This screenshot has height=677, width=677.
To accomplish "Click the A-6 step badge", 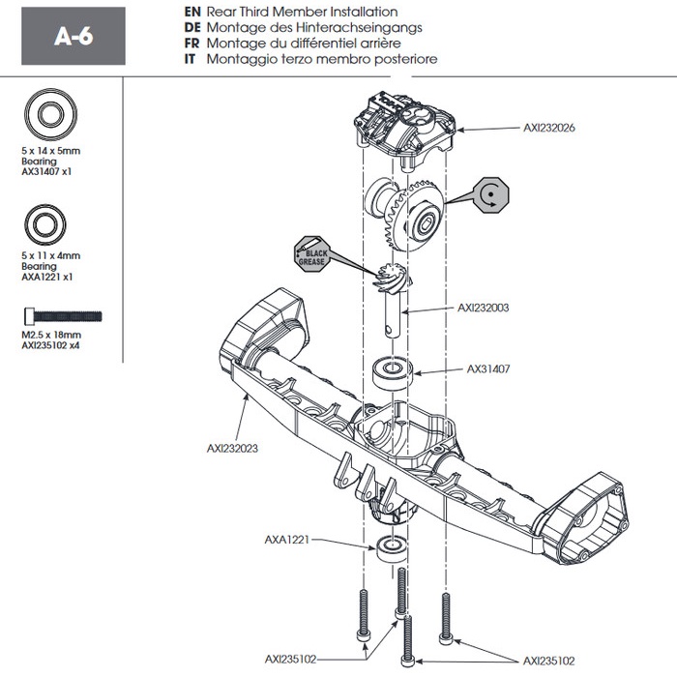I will (73, 36).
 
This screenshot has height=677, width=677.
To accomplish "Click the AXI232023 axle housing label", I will (233, 448).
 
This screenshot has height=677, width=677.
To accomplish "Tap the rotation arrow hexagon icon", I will (491, 196).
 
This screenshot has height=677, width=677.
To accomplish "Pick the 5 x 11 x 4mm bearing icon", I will (44, 224).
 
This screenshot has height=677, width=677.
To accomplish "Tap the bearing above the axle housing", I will (393, 370).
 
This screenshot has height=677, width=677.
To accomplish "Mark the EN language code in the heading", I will (190, 11).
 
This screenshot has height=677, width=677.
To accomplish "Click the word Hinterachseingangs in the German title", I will (362, 27).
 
